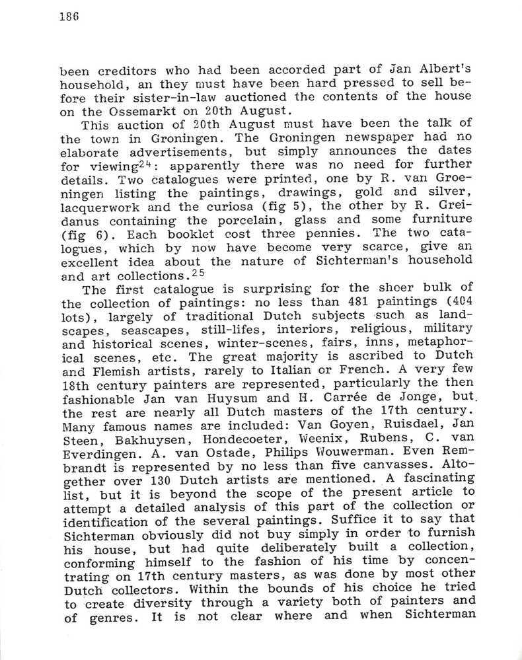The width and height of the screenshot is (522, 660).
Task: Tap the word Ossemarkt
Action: pyautogui.click(x=130, y=110)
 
